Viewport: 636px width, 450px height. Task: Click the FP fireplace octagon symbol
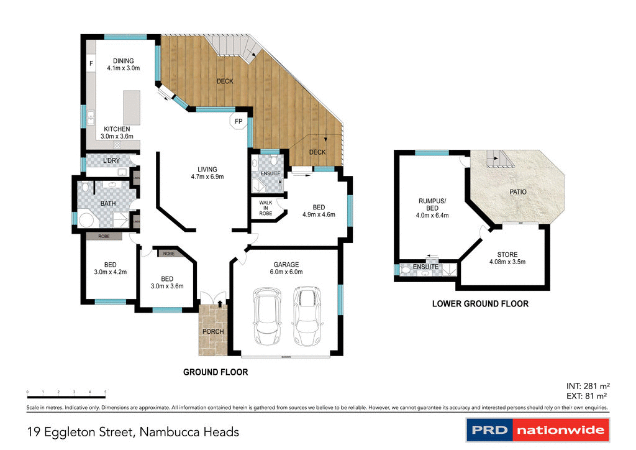[x=238, y=121]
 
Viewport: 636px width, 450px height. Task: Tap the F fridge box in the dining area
[x=91, y=63]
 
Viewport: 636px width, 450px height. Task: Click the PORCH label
[x=213, y=331]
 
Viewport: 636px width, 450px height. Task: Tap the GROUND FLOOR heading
[x=216, y=372]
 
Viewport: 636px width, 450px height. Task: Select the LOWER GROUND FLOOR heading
[x=480, y=304]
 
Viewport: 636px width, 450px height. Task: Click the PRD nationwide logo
[x=538, y=429]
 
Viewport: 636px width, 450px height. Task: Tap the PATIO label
[x=518, y=192]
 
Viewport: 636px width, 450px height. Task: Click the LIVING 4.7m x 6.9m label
[x=207, y=173]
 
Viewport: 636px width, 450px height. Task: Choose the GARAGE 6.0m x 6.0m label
[x=286, y=268]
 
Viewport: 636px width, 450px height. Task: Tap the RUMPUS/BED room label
[x=432, y=208]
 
